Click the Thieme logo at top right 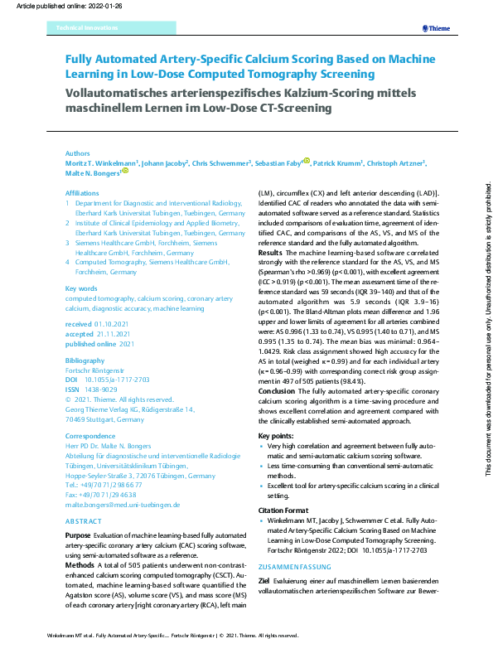coord(435,28)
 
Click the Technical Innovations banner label coord(87,28)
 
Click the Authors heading coord(78,153)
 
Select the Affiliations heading coord(82,192)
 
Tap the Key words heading coord(80,288)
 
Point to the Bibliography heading coord(85,360)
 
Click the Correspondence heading coord(90,436)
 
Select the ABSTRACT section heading coord(85,521)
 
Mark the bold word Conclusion coord(277,390)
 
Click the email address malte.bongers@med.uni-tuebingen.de coord(123,504)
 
